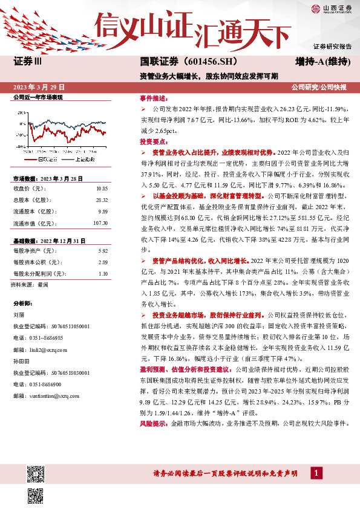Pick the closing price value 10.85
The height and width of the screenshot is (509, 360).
(x=101, y=189)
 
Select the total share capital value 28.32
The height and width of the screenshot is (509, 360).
(x=101, y=199)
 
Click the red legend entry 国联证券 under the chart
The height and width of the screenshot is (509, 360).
(x=48, y=160)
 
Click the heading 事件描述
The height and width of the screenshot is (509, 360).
(x=152, y=97)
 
